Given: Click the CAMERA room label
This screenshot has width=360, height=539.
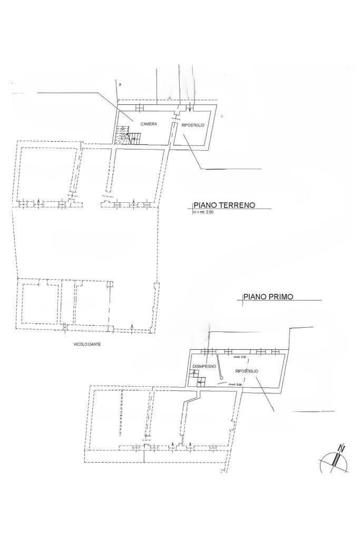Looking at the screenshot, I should (149, 124).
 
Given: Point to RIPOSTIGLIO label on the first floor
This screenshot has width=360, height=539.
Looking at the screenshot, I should (247, 371).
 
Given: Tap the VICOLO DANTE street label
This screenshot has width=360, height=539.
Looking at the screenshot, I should (87, 344).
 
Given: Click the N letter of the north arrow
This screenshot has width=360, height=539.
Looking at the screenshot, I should (341, 449).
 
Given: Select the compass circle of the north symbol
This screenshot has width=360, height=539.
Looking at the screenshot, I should (334, 462).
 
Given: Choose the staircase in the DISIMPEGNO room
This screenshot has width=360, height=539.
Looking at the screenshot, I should (198, 378).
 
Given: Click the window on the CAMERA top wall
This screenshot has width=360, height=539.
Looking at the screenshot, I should (140, 107).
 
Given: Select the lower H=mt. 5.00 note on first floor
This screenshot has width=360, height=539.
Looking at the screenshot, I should (235, 384).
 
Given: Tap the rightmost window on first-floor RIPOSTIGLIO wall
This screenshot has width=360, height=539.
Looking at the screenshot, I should (274, 351).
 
